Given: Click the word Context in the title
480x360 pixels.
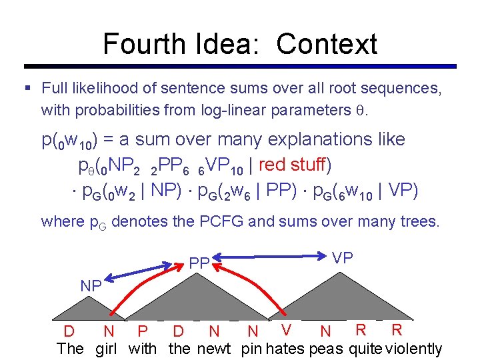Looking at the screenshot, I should (x=327, y=44).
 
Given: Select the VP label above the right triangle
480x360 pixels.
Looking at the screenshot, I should (x=342, y=258).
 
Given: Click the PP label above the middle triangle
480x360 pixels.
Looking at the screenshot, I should (x=199, y=264).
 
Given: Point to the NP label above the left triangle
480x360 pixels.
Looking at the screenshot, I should (x=91, y=285).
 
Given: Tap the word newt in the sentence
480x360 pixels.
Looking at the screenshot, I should (x=213, y=348).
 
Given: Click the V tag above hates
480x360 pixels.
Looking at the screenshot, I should (x=286, y=329).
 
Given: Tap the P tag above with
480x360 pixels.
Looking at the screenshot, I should (x=142, y=331).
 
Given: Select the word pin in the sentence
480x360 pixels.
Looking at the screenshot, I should (x=251, y=348).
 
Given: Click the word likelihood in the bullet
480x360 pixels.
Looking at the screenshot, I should (x=102, y=87).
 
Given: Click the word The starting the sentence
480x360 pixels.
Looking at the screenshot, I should (x=71, y=348).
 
